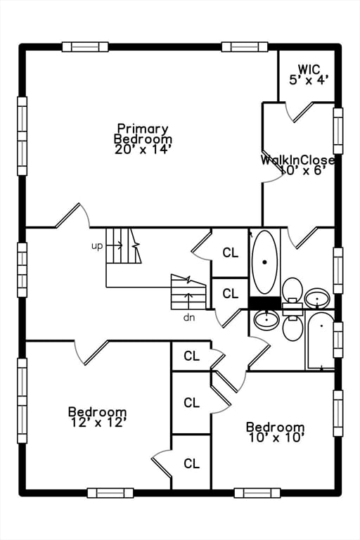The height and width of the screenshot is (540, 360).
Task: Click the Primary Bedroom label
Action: tap(143, 134)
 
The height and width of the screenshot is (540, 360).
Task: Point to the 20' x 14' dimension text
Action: tap(143, 149)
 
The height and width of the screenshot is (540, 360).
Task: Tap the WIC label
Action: tap(309, 70)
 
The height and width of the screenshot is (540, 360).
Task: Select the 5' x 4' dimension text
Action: tap(309, 80)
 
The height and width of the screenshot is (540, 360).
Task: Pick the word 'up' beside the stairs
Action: tap(97, 246)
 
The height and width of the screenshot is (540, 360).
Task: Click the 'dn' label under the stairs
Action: tap(188, 317)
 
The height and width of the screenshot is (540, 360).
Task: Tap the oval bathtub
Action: tap(264, 262)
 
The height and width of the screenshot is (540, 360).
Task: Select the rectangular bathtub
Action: tap(321, 341)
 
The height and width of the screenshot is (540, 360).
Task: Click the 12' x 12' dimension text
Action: tap(98, 423)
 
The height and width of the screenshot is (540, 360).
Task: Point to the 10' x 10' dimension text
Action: tap(275, 438)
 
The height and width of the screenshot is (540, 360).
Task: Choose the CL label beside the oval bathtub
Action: tap(230, 252)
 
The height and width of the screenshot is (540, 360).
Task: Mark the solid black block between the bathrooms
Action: tap(265, 303)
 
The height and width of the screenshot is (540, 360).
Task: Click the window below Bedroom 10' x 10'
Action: tap(257, 492)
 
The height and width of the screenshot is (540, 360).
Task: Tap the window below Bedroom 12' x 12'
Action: tap(110, 492)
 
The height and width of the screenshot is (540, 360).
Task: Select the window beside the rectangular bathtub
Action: tap(338, 340)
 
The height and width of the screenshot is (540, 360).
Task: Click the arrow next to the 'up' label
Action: tap(115, 245)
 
